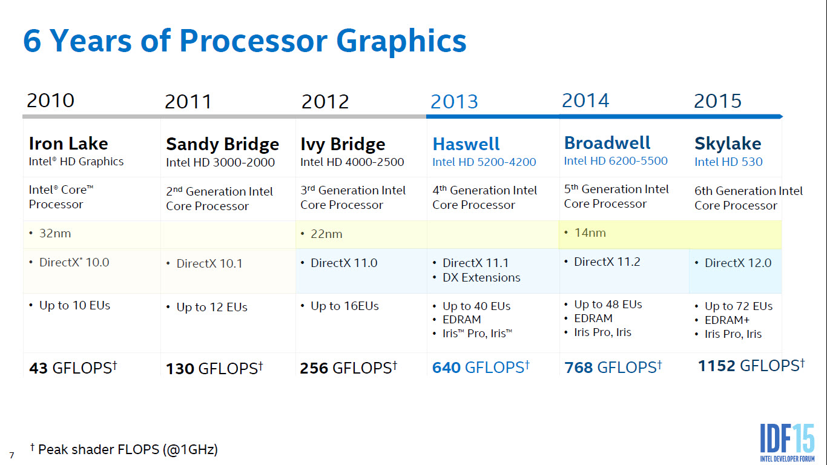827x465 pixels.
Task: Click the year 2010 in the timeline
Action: click(x=50, y=101)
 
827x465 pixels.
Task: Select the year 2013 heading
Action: click(x=454, y=102)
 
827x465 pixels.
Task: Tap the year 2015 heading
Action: click(x=717, y=101)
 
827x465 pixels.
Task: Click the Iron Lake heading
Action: click(x=68, y=143)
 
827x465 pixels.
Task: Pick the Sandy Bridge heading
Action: click(x=222, y=144)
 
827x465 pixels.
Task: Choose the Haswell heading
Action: click(x=466, y=144)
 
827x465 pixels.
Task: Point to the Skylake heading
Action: click(x=728, y=143)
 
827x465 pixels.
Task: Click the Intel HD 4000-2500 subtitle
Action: click(x=352, y=162)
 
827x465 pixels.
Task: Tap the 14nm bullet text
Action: click(x=589, y=233)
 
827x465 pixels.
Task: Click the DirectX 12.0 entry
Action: click(x=737, y=263)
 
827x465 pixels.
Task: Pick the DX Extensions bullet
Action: click(x=481, y=278)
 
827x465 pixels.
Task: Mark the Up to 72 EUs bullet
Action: click(x=738, y=306)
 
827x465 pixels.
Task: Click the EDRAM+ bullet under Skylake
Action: click(x=727, y=320)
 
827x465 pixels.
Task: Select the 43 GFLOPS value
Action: click(x=73, y=368)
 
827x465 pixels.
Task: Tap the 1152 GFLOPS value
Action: click(x=751, y=366)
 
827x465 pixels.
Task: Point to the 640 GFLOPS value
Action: click(x=481, y=367)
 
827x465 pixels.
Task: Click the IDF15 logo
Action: click(x=787, y=439)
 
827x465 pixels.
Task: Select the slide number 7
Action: click(x=12, y=455)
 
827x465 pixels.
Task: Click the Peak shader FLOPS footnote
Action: click(x=124, y=449)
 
